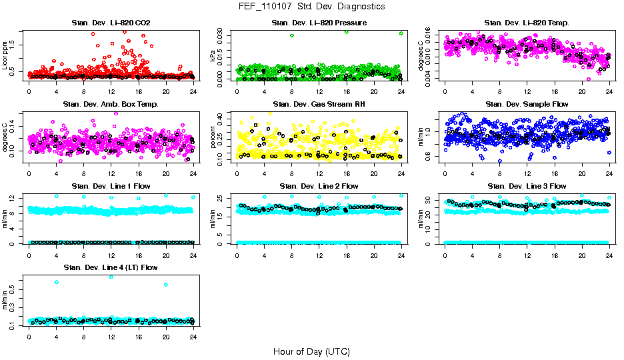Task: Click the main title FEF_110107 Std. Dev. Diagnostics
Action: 311,7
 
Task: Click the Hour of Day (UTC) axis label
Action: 311,351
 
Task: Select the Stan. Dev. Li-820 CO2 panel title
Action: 111,23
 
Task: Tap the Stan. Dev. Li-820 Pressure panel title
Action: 319,23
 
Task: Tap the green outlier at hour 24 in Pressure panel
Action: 401,33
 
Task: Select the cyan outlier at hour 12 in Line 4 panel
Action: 111,277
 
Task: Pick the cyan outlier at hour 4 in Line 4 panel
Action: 57,282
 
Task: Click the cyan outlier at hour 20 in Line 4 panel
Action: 166,285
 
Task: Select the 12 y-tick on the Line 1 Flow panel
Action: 15,197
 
